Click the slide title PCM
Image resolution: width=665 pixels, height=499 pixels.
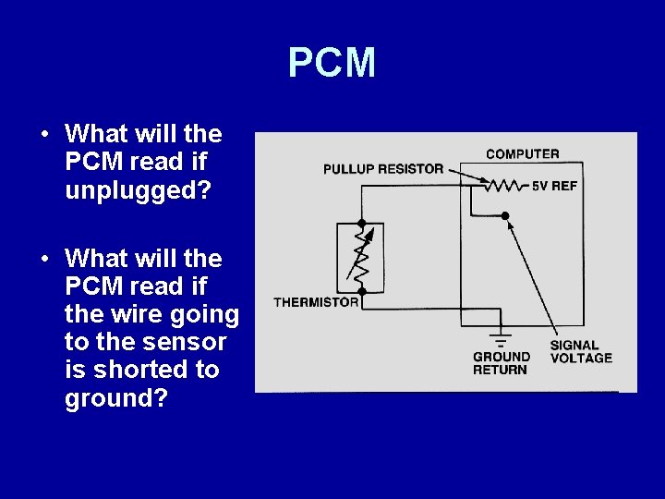pyautogui.click(x=332, y=63)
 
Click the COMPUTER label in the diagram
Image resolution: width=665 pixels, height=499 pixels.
pyautogui.click(x=522, y=153)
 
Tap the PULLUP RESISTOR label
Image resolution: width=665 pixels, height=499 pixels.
pyautogui.click(x=383, y=169)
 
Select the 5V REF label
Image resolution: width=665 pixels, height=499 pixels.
pyautogui.click(x=554, y=186)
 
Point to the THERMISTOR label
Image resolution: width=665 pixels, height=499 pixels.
pyautogui.click(x=316, y=302)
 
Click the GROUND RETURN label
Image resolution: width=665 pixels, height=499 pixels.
pyautogui.click(x=502, y=363)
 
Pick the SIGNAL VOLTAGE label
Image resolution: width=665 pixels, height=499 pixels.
pyautogui.click(x=581, y=352)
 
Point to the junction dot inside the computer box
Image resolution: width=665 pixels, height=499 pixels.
pyautogui.click(x=504, y=215)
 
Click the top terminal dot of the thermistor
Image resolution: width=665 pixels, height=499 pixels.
pyautogui.click(x=362, y=224)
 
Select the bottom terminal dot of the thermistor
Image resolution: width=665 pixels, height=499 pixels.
pyautogui.click(x=362, y=291)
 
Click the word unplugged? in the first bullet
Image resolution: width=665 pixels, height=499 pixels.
pyautogui.click(x=138, y=190)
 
